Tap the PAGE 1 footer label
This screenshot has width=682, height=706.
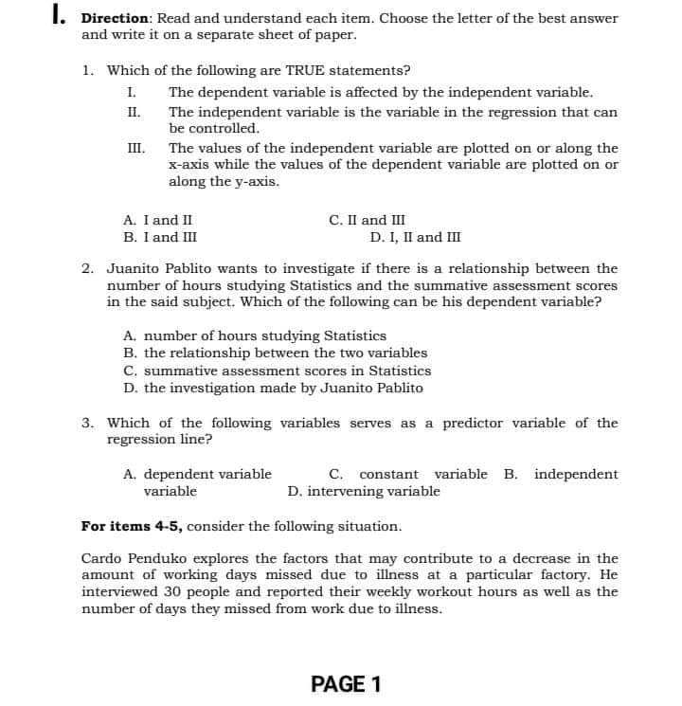coord(346,684)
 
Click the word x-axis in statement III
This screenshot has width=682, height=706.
coord(188,165)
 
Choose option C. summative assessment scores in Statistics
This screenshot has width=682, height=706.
coord(277,371)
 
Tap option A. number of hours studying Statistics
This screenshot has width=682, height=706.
coord(255,335)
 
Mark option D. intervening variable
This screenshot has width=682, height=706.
coord(364,491)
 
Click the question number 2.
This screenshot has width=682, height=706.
coord(87,268)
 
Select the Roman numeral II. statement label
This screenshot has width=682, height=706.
coord(133,112)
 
